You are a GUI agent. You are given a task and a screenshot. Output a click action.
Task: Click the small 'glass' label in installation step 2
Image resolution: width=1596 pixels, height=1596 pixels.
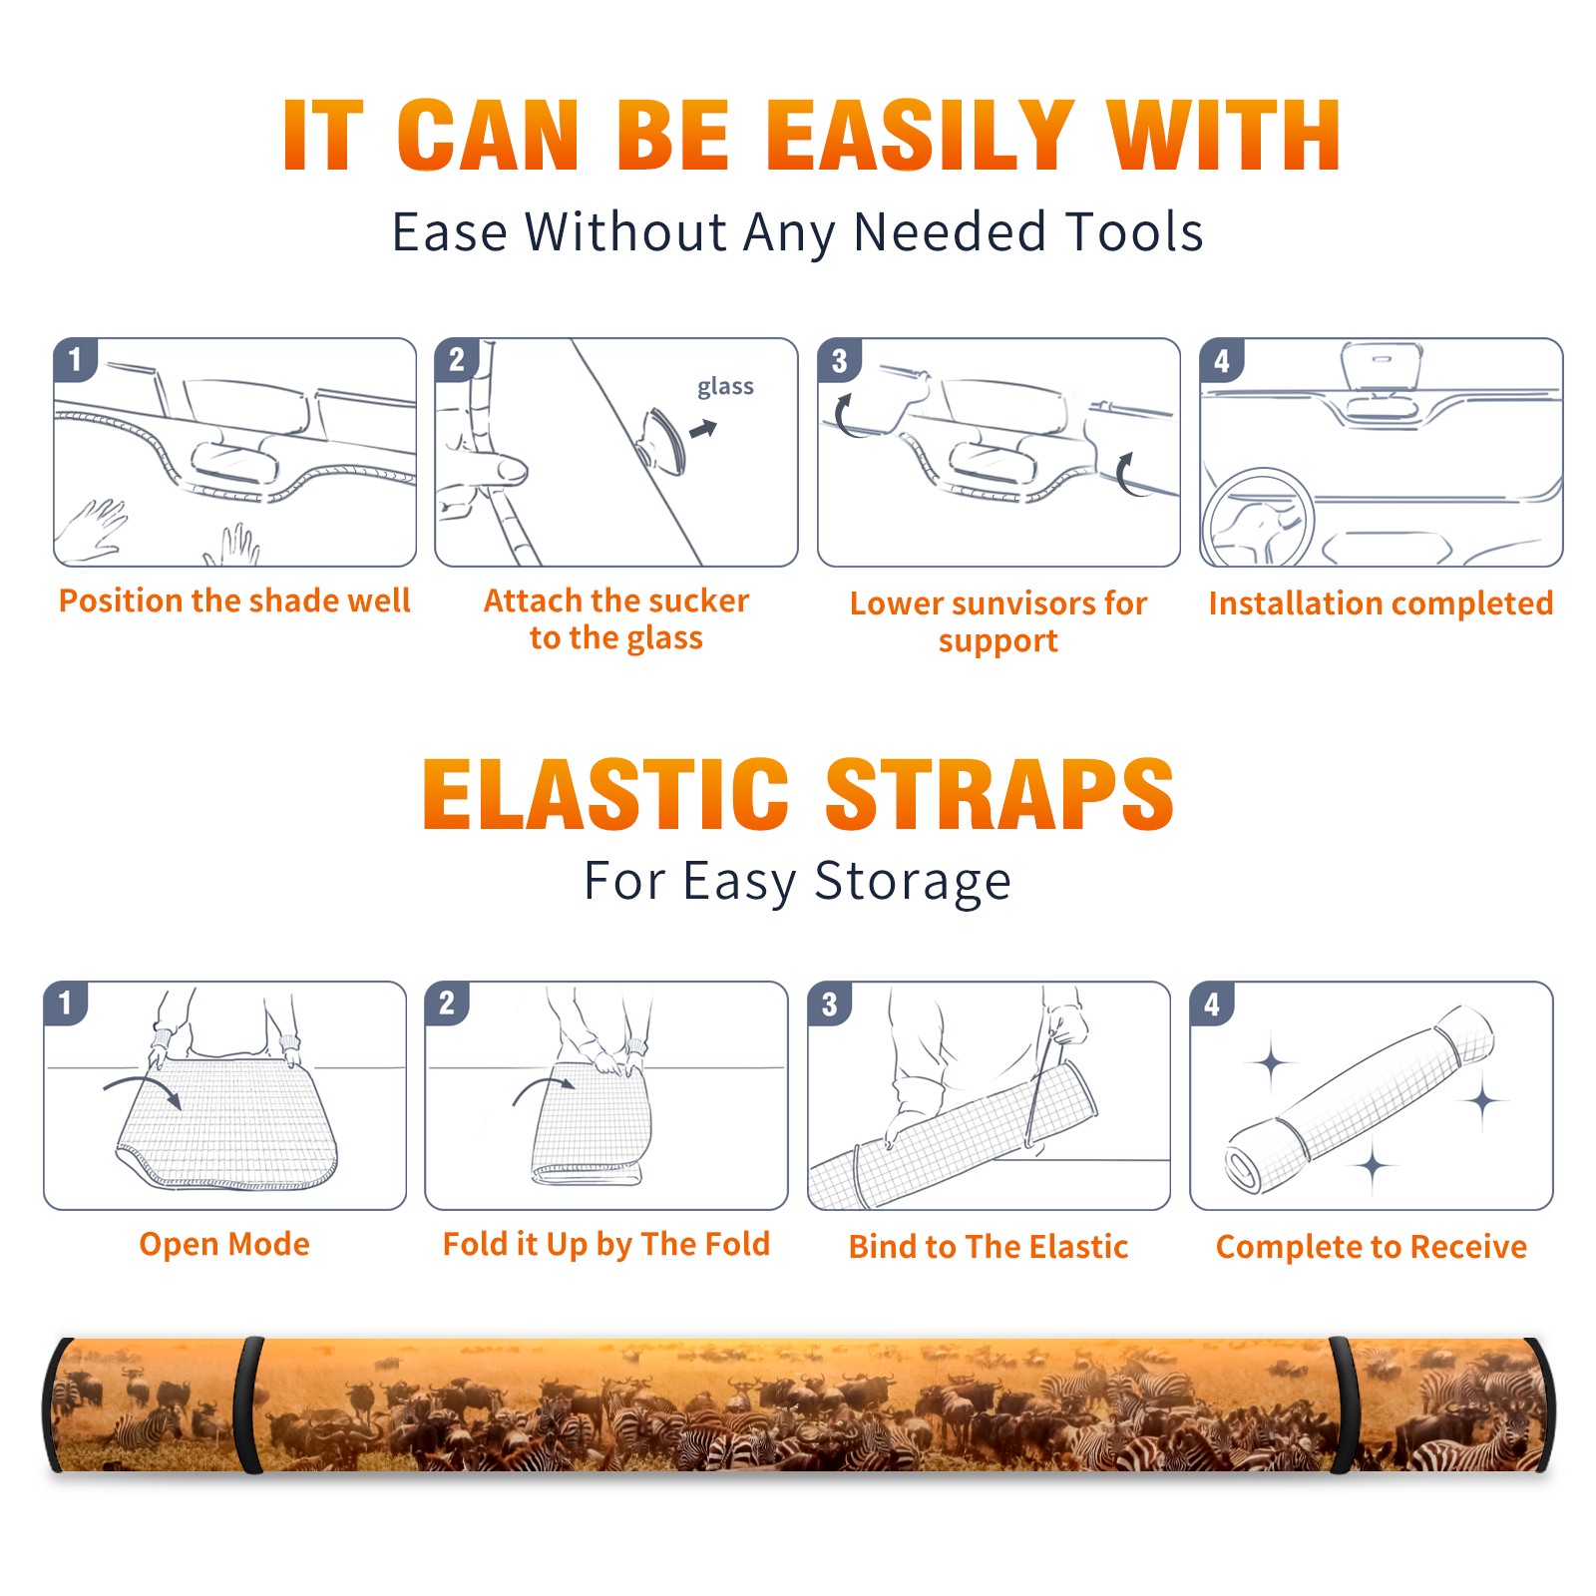tap(725, 386)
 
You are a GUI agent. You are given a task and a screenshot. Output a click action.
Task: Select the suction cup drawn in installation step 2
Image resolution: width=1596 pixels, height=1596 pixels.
tap(662, 440)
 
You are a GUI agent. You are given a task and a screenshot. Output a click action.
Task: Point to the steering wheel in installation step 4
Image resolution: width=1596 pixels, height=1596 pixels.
tap(1258, 518)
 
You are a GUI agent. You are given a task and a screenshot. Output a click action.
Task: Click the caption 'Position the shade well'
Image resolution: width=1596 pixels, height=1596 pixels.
tap(234, 600)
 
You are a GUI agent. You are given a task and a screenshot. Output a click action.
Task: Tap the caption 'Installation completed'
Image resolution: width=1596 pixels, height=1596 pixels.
tap(1381, 602)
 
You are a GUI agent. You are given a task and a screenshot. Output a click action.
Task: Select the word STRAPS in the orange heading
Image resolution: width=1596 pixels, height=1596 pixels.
tap(999, 794)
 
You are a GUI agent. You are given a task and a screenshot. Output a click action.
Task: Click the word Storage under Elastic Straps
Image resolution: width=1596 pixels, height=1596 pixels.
tap(913, 882)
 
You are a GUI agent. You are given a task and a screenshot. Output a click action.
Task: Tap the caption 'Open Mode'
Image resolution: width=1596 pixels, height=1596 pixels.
tap(224, 1244)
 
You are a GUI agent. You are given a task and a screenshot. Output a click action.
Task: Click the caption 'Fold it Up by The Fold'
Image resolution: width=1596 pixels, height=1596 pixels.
tap(606, 1244)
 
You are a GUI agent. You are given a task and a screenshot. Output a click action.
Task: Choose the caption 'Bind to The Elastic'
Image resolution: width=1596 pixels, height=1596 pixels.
tap(989, 1247)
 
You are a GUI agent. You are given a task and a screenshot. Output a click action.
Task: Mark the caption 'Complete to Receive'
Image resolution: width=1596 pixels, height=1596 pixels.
tap(1372, 1247)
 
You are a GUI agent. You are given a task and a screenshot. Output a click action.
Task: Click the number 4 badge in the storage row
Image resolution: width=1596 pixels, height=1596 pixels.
tap(1212, 1004)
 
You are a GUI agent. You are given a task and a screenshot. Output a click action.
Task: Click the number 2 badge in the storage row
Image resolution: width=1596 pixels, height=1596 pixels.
tap(447, 1003)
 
